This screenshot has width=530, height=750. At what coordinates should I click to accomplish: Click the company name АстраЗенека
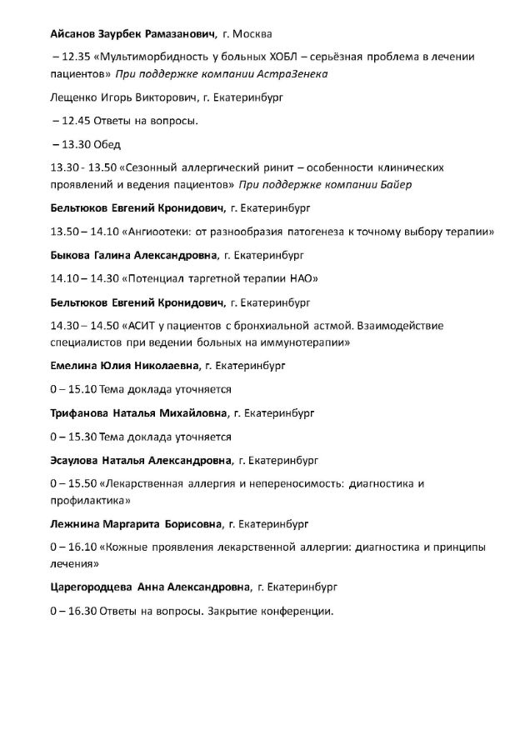click(x=294, y=74)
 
